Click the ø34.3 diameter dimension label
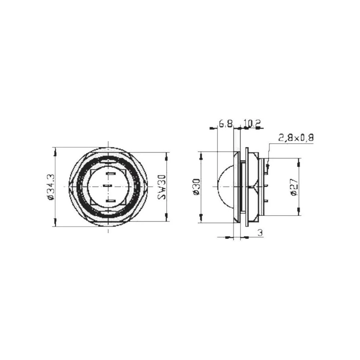pyautogui.click(x=50, y=187)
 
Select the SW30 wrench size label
pyautogui.click(x=162, y=187)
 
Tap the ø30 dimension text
pyautogui.click(x=196, y=187)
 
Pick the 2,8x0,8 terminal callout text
pyautogui.click(x=296, y=138)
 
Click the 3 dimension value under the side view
pyautogui.click(x=260, y=233)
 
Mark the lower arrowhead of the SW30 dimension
pyautogui.click(x=166, y=216)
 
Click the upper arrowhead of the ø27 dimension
pyautogui.click(x=298, y=163)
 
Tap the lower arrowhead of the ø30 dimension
pyautogui.click(x=201, y=217)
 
